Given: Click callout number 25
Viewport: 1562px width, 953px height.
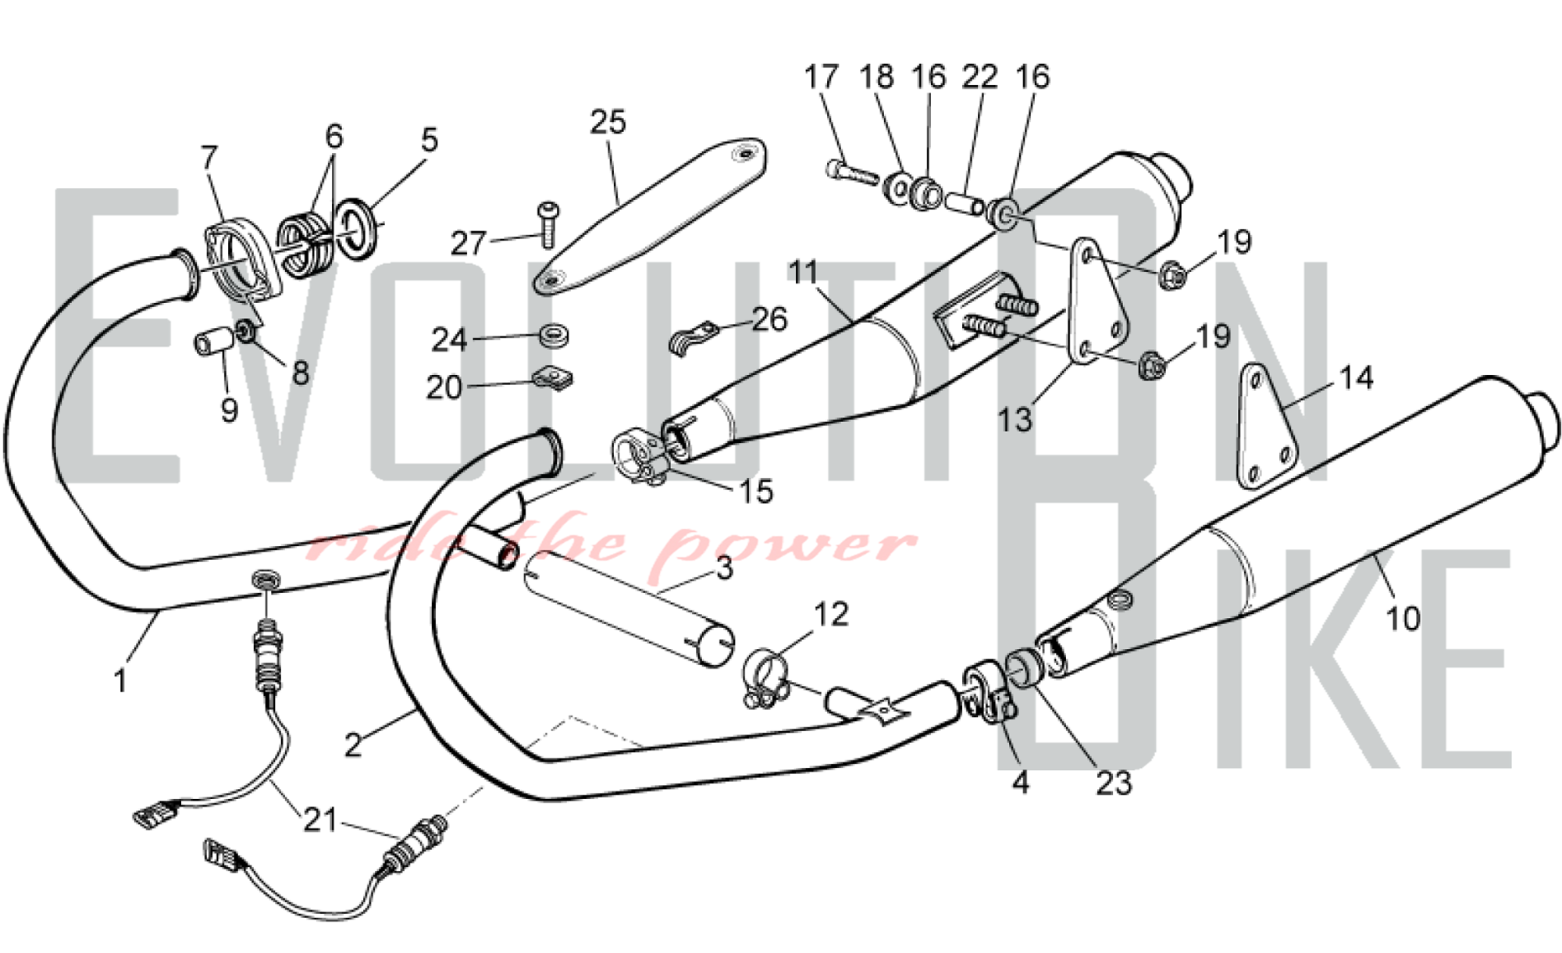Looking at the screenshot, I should point(608,123).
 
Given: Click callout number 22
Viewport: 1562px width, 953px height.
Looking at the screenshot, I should point(979,77).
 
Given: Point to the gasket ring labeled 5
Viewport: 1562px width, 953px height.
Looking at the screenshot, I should point(358,229).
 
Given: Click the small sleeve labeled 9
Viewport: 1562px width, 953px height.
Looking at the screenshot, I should point(213,341).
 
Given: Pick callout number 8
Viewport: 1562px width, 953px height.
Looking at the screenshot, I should point(301,373).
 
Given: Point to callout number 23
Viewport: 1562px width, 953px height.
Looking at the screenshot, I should point(1113,783).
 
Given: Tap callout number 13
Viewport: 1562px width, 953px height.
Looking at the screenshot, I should point(1015,419).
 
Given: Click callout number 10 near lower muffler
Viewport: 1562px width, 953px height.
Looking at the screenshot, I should point(1402,619).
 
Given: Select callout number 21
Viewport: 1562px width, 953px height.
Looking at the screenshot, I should point(320,820).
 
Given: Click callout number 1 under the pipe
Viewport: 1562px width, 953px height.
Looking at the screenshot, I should point(119,681).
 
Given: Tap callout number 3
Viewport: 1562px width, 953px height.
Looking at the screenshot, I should point(724,568).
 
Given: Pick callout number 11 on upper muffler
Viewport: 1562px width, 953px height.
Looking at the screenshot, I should point(803,273).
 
